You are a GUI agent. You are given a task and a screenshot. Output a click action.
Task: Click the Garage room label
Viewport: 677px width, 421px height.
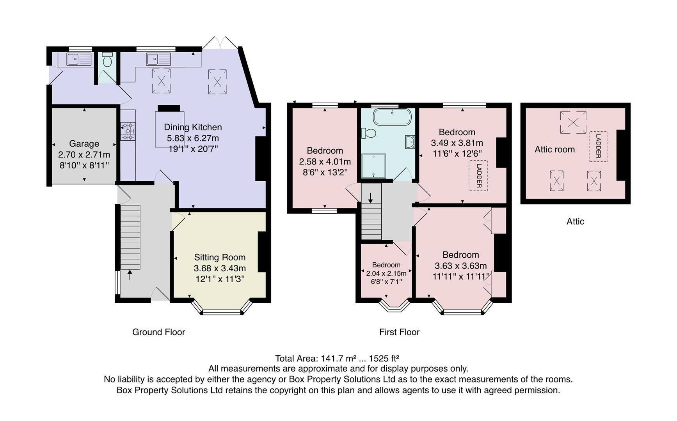coord(84,144)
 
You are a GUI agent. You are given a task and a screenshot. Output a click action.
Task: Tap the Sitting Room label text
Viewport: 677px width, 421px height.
coord(220,257)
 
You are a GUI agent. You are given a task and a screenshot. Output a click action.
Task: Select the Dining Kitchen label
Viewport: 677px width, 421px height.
coord(193,127)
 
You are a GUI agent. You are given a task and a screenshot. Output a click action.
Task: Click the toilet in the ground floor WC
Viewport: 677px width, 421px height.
coord(107,60)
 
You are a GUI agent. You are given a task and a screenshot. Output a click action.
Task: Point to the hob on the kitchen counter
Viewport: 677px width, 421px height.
coord(128,131)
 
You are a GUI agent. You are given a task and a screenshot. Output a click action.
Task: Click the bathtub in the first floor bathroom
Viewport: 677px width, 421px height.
coord(392,117)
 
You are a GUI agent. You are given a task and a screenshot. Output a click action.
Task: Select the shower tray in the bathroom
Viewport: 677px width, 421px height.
coord(374,165)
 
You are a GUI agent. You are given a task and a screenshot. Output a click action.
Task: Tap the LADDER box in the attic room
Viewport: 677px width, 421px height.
coord(598,146)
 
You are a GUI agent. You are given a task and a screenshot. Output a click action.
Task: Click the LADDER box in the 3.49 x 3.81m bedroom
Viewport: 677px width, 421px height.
coord(478,175)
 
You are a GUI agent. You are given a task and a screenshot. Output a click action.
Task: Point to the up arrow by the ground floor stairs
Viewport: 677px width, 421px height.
coord(130,275)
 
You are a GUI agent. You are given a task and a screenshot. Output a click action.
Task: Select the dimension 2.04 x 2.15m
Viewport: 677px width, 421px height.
coord(386,273)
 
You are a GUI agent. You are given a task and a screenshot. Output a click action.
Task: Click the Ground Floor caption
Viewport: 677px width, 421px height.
coord(158,332)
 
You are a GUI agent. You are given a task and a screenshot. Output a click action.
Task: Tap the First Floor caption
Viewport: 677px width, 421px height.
coord(399,332)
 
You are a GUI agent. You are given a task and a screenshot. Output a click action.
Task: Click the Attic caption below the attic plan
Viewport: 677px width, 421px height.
coord(575,221)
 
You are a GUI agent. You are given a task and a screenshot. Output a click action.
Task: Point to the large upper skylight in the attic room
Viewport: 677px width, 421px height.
coord(573,122)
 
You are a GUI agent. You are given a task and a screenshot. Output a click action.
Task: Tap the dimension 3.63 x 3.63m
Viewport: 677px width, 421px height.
coord(460,266)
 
